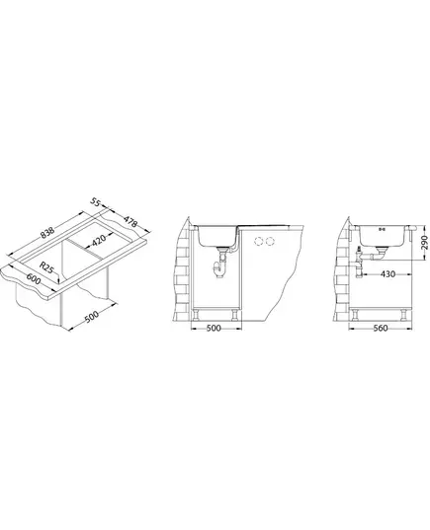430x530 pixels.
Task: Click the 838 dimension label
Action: [x=47, y=233]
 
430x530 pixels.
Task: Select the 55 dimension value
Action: [x=96, y=202]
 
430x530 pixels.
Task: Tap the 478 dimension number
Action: [x=130, y=221]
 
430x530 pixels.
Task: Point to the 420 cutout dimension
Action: [x=99, y=240]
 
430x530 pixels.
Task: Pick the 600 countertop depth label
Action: [x=34, y=279]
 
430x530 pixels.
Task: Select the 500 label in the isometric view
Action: [x=91, y=317]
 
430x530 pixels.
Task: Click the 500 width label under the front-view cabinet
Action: [x=214, y=328]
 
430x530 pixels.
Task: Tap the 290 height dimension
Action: [x=423, y=243]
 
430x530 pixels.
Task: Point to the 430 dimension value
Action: [x=387, y=274]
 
